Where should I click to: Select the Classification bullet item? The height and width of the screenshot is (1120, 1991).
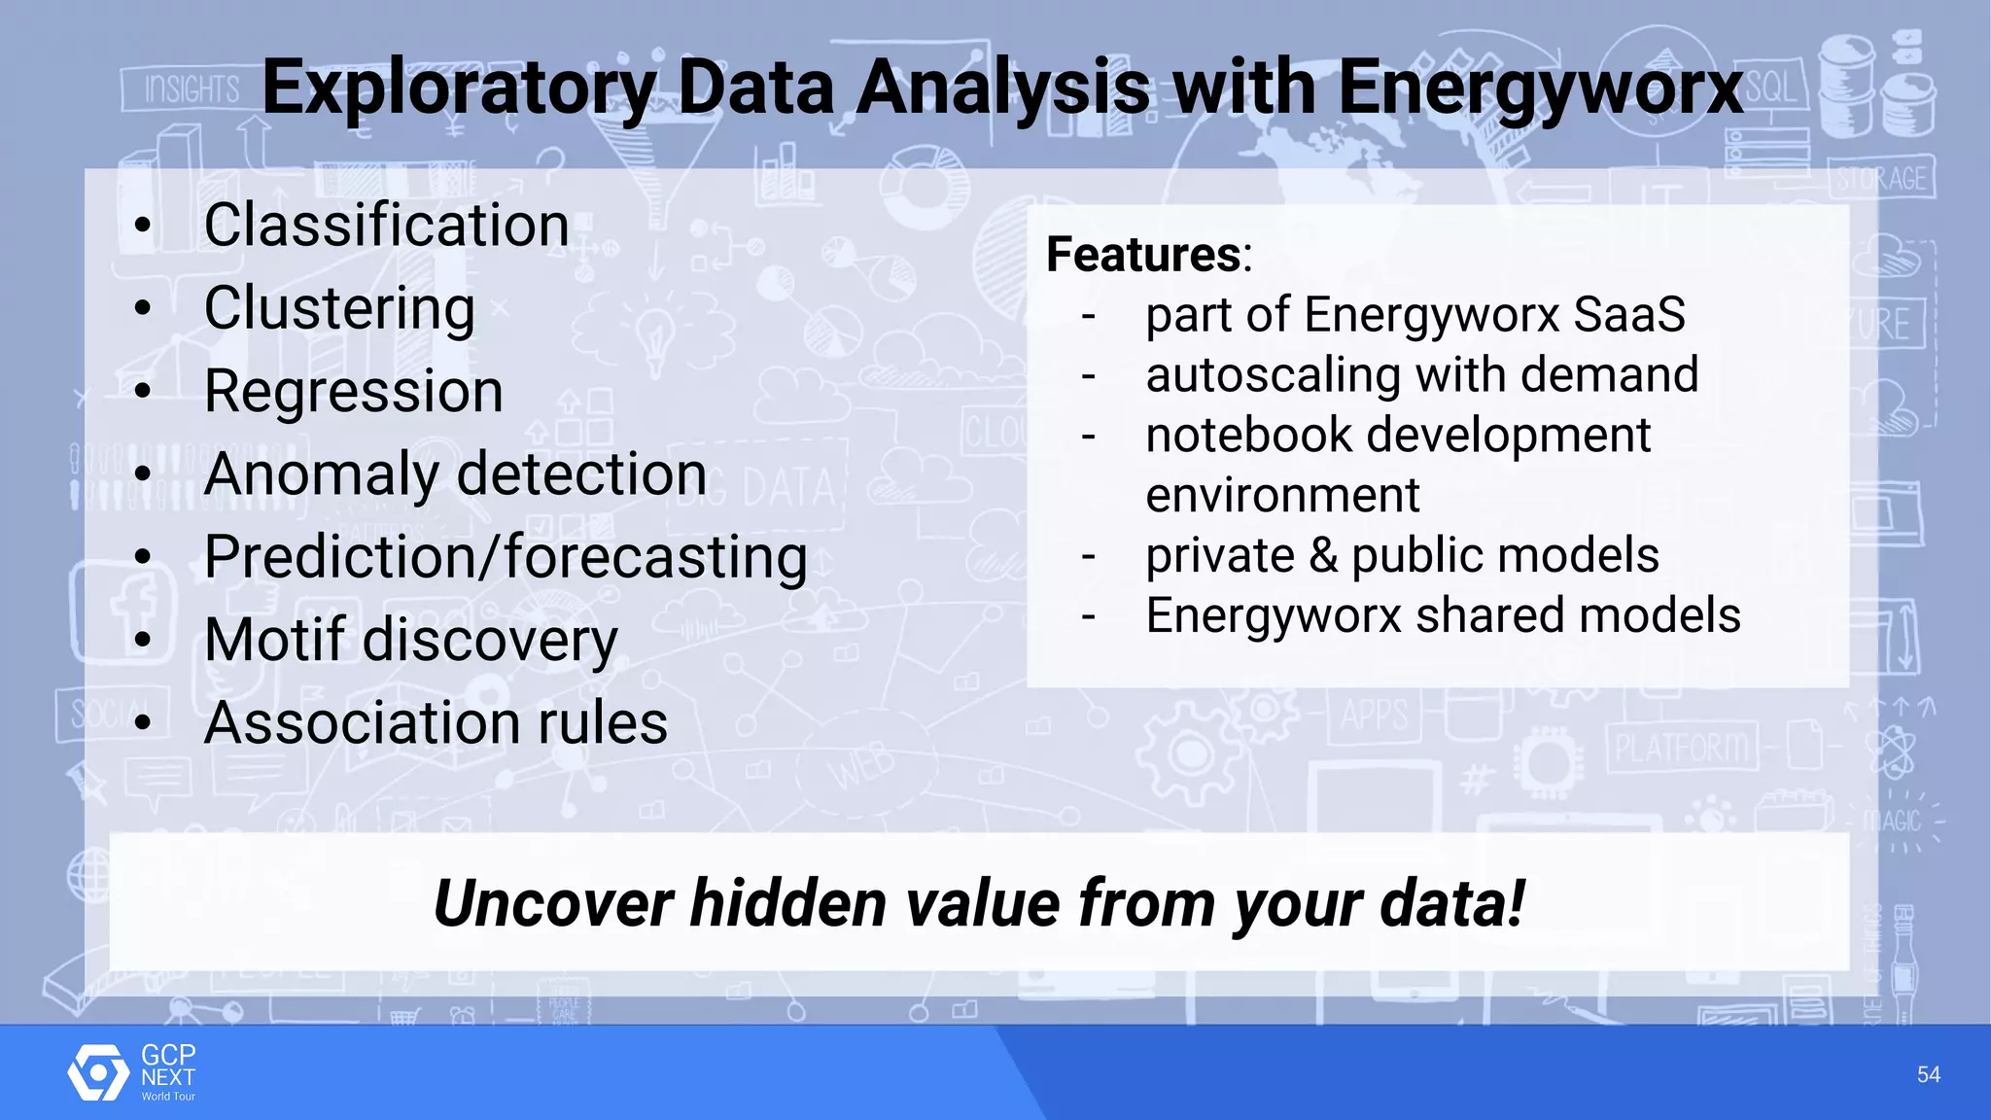click(386, 226)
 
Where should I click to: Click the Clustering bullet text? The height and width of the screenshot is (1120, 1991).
click(339, 309)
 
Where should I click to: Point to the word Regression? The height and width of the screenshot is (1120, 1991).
click(353, 392)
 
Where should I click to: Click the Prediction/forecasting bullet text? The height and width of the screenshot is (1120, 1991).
click(506, 558)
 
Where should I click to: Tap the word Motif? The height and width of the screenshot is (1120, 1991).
click(274, 641)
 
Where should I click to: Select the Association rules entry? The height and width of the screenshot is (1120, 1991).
click(436, 723)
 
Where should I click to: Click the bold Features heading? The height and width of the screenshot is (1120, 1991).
click(1143, 255)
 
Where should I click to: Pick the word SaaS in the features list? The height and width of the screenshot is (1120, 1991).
click(1629, 315)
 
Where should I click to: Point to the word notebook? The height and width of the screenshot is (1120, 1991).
click(1248, 436)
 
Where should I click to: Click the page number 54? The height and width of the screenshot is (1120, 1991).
click(1928, 1074)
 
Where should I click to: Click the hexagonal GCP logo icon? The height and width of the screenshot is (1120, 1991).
click(97, 1073)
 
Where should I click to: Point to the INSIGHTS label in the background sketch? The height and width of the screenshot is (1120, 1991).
click(192, 90)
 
